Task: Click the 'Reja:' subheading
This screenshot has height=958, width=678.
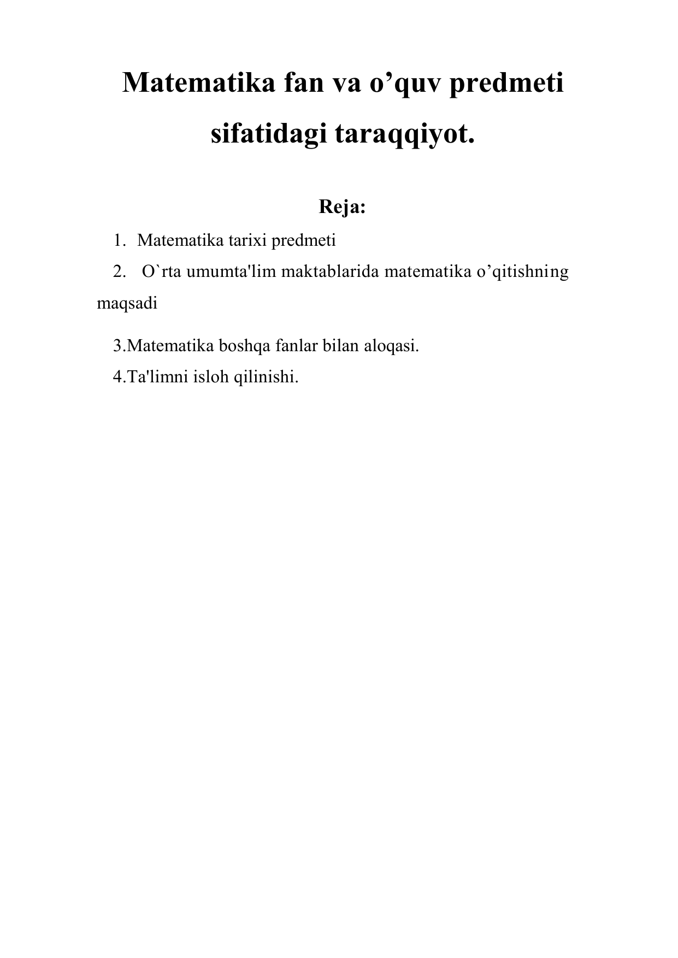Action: [342, 208]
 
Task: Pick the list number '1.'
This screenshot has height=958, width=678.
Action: [120, 240]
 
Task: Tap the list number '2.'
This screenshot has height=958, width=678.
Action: [120, 271]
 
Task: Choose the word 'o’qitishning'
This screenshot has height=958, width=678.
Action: [523, 271]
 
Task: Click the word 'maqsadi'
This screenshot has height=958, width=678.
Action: [127, 304]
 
